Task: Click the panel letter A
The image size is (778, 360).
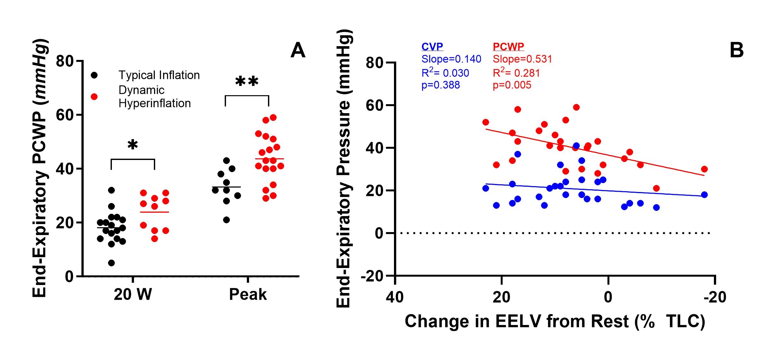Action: coord(298,50)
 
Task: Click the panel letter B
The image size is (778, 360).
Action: coord(737,50)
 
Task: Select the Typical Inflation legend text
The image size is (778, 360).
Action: coord(159,75)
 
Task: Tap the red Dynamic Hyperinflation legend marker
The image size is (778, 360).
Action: coord(94,96)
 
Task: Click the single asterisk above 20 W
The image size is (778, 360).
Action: coord(133,145)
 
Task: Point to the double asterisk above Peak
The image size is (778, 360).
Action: coord(247,81)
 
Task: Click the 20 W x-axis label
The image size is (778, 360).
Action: coord(133,294)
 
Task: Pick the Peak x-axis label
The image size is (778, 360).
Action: coord(248,294)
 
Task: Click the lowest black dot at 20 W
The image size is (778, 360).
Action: coord(111,263)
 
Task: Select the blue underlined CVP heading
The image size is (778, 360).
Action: coord(432,47)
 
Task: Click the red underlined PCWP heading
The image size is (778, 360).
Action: coord(508,47)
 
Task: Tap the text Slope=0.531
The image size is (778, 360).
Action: coord(522,59)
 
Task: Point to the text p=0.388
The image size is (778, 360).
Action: coord(440,85)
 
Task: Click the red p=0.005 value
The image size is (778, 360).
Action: coord(512,85)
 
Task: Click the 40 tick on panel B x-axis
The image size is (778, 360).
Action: coord(395,297)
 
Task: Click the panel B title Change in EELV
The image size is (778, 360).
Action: coord(555,321)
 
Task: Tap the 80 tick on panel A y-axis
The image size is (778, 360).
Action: coord(65,61)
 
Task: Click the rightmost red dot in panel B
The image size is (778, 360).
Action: coord(704,169)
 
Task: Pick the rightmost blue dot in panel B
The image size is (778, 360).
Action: coord(704,195)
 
